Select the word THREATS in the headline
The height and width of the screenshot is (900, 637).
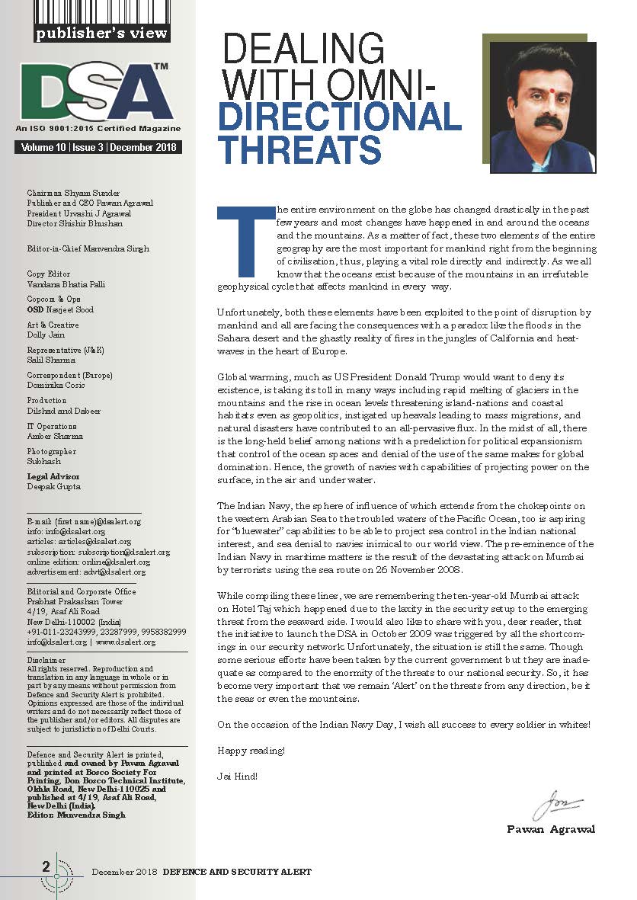point(300,149)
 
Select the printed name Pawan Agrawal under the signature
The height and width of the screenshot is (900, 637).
point(551,829)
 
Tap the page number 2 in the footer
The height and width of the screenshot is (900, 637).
point(46,866)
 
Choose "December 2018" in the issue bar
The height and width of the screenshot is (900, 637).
point(145,147)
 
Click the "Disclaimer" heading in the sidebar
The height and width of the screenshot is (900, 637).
point(46,660)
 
